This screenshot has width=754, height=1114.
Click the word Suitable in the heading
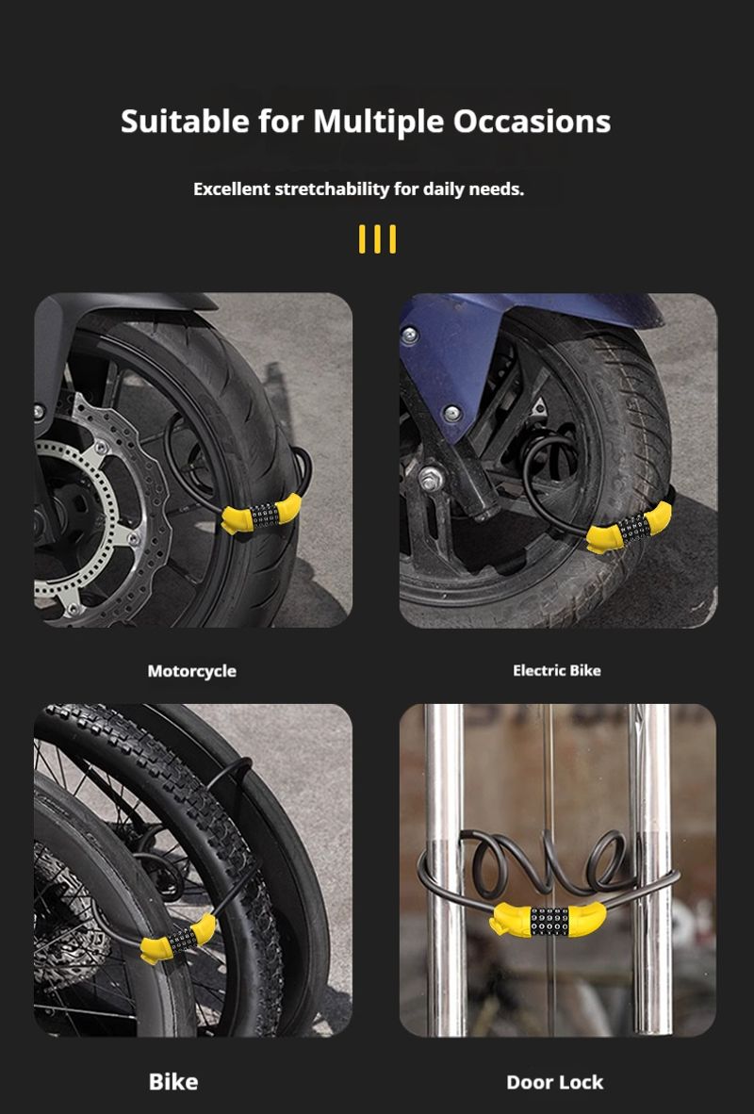point(186,122)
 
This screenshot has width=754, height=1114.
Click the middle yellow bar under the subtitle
point(377,238)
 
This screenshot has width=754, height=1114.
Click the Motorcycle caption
point(192,671)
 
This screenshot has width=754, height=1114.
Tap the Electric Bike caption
point(556,670)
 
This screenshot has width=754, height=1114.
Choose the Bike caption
point(173,1081)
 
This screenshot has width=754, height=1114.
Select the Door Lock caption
point(554,1082)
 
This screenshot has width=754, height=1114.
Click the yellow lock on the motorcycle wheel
point(261,514)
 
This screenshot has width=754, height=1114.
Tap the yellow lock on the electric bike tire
point(629,528)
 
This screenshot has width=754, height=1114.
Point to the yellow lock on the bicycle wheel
point(178,940)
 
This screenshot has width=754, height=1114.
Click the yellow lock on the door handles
point(548,920)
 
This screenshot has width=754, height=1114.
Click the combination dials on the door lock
point(550,921)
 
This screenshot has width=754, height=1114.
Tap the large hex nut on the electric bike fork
point(431,479)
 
